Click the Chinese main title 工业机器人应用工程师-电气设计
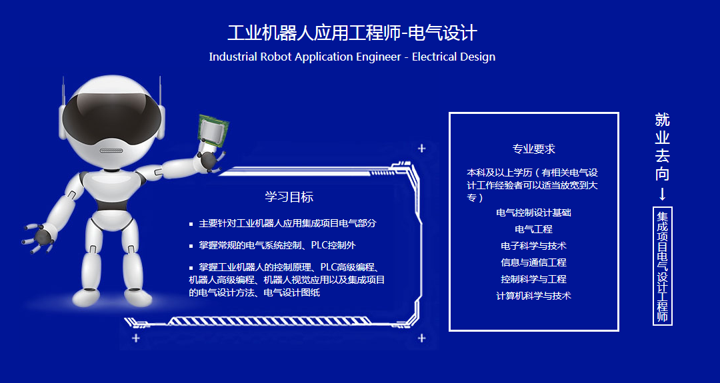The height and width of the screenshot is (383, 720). [x=352, y=33]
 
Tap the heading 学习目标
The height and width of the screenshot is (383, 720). [x=289, y=197]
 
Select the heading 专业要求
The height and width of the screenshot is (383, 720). [x=533, y=149]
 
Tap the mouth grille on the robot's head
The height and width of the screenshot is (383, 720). [x=111, y=151]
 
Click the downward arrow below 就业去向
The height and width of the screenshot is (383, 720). [x=662, y=194]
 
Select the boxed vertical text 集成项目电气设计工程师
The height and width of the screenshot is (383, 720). [x=662, y=266]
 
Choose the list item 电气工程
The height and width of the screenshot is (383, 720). [x=533, y=229]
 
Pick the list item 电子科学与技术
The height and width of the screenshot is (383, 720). [x=533, y=246]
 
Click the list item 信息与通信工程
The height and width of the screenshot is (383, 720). [x=533, y=262]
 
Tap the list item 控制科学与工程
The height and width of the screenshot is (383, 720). [x=533, y=279]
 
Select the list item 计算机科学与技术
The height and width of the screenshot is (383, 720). [x=533, y=296]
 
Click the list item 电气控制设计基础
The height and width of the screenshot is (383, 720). [x=533, y=213]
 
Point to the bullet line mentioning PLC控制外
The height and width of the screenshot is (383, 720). [x=273, y=245]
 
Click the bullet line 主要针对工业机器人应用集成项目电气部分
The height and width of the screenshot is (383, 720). [x=283, y=223]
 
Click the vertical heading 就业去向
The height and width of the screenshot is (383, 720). [x=662, y=147]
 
